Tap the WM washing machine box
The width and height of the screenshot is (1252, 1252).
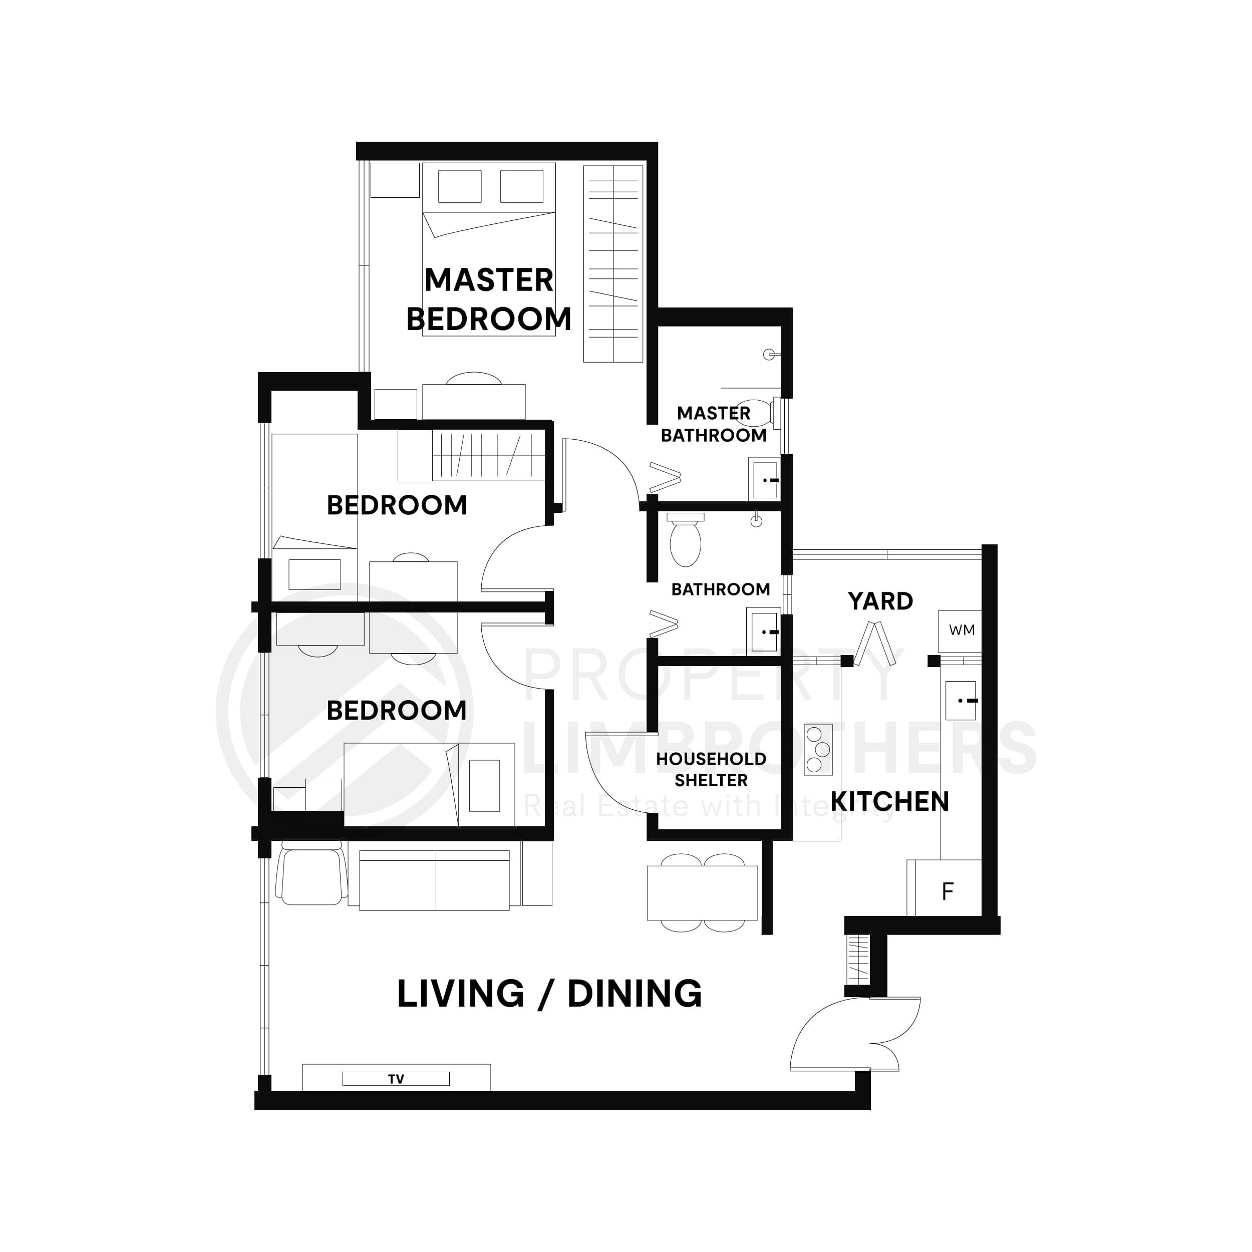coord(961,630)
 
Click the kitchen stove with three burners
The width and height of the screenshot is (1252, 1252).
coord(818,750)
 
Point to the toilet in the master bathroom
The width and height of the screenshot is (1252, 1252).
coord(756,412)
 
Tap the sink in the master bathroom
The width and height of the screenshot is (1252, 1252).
coord(765,480)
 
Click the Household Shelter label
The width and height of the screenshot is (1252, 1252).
coord(711,769)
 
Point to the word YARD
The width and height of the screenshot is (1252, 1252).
coord(880,601)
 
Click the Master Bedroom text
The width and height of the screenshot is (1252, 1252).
coord(489,299)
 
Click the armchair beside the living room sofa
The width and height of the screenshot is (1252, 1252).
coord(311,874)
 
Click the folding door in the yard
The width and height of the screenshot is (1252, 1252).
coord(875,644)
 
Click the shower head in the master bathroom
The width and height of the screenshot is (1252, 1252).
coord(769,354)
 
